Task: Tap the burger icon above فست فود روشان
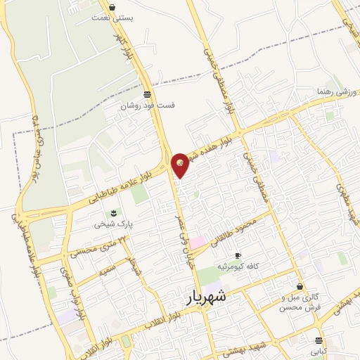point(146,94)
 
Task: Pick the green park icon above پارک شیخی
point(110,213)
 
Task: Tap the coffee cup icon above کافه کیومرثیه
point(238,256)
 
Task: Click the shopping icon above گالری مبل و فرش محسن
point(301,287)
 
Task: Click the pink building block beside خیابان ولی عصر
point(198,242)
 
